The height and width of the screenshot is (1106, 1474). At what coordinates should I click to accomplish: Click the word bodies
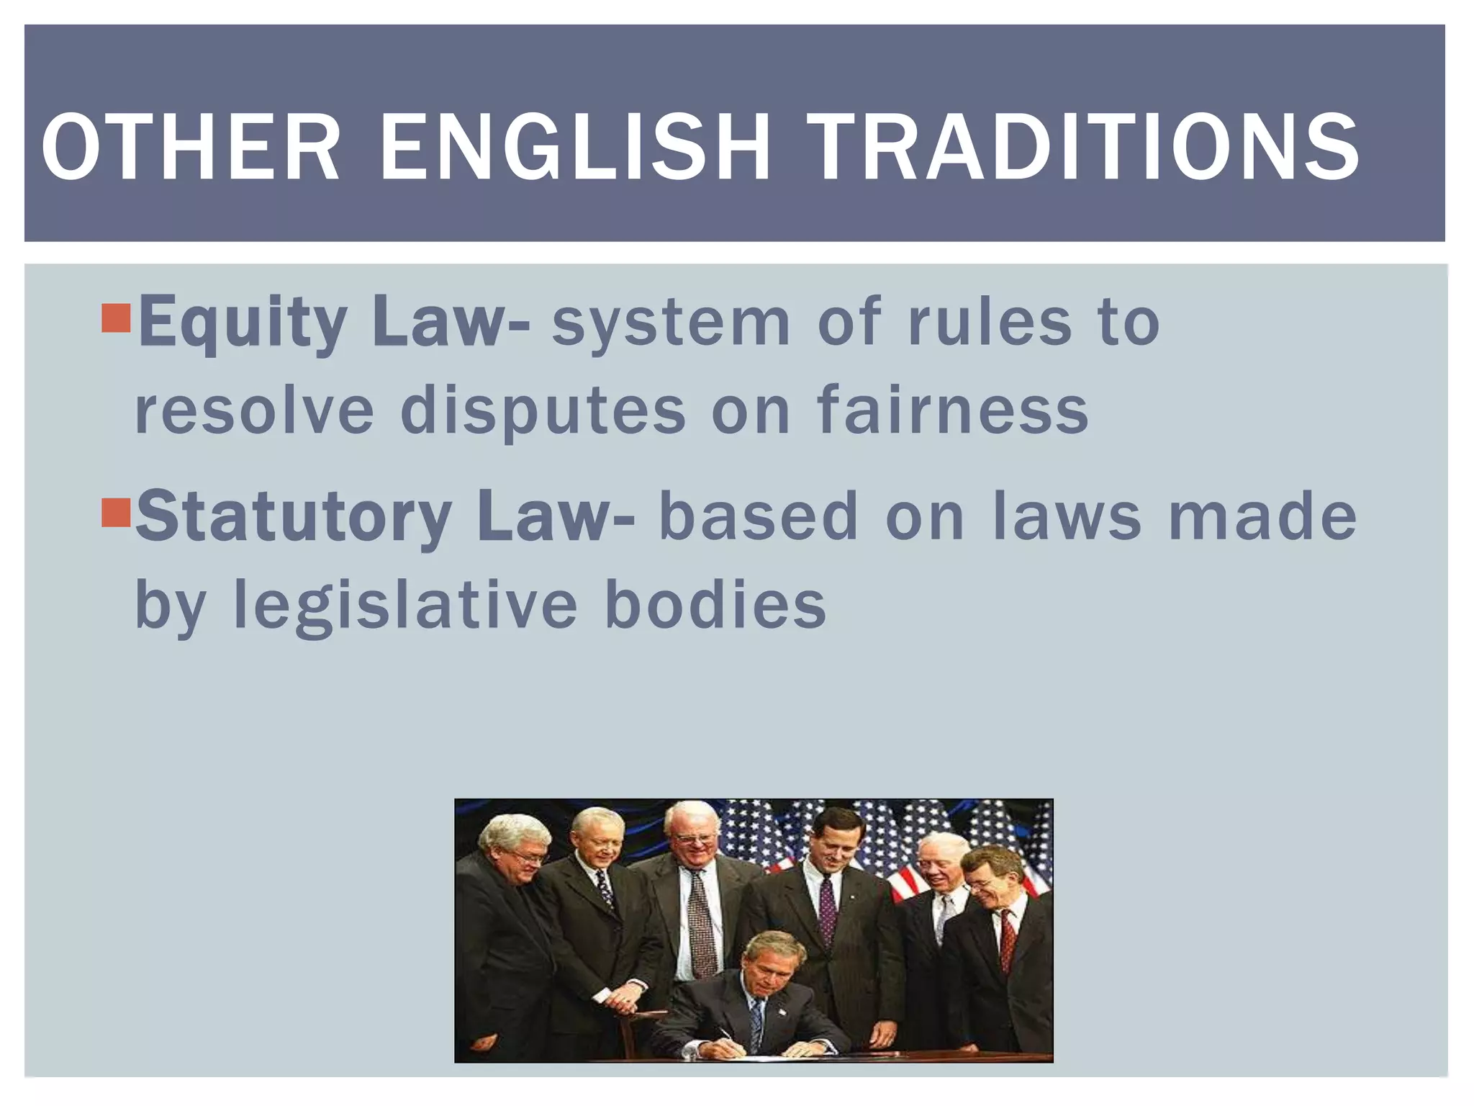(715, 605)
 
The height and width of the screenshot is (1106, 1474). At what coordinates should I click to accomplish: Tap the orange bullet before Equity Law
(116, 318)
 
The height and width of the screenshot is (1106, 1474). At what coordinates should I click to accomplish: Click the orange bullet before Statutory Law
(116, 512)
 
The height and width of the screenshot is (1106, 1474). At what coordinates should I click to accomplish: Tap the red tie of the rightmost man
(1008, 940)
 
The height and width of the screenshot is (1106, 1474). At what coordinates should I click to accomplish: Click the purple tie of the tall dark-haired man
(828, 911)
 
